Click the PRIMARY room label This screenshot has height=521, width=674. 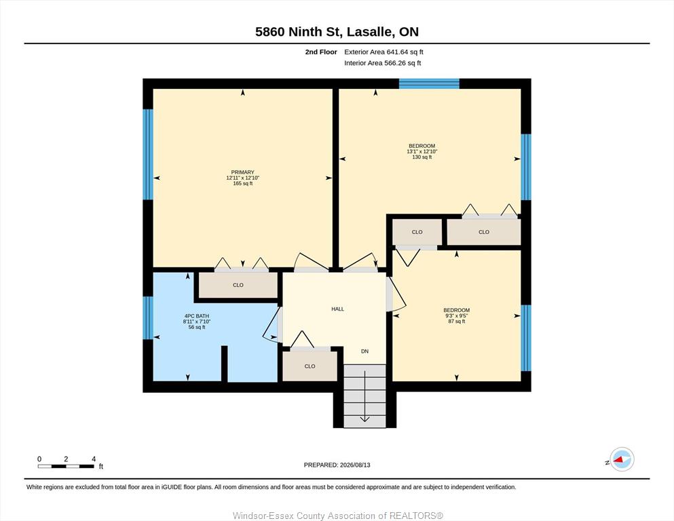click(242, 172)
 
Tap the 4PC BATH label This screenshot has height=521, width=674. click(196, 316)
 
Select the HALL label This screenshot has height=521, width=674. click(337, 309)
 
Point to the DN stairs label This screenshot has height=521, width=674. click(364, 351)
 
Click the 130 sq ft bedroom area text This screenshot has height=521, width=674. click(422, 157)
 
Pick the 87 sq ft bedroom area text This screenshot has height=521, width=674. click(457, 322)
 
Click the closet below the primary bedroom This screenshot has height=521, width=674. click(238, 285)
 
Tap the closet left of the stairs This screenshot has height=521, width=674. click(310, 366)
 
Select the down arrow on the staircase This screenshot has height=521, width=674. click(364, 396)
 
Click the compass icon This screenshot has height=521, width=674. click(622, 459)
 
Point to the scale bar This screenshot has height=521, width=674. click(67, 466)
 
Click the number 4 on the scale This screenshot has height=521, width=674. click(94, 459)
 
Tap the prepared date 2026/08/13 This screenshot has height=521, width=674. click(355, 465)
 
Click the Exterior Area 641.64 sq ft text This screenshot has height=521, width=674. click(384, 52)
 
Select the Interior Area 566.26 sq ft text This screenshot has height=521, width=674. click(383, 62)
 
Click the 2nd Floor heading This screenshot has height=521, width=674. click(321, 52)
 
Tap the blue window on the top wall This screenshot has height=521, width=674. click(429, 83)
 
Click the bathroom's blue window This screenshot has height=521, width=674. click(148, 318)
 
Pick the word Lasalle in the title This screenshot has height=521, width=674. click(369, 32)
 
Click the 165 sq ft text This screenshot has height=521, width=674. click(242, 183)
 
